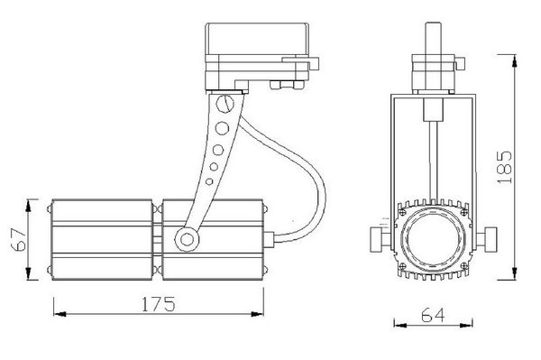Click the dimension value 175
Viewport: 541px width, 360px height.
(x=159, y=304)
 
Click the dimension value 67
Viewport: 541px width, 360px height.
(x=19, y=239)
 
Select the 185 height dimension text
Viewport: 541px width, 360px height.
(x=505, y=167)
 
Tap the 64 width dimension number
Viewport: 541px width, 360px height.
(x=433, y=315)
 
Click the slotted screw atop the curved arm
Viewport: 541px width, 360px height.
(x=225, y=103)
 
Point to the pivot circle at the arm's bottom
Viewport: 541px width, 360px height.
(x=187, y=239)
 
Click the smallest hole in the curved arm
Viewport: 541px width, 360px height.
(x=209, y=181)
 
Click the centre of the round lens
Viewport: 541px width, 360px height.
(x=434, y=238)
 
